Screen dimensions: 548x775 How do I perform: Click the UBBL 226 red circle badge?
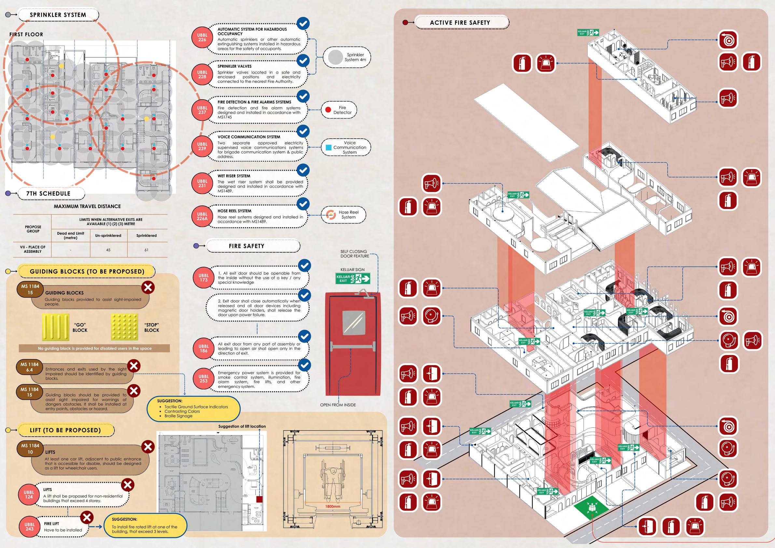click(202, 37)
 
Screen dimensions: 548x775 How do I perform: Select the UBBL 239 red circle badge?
click(202, 146)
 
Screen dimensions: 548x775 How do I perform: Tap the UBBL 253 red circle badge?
click(203, 378)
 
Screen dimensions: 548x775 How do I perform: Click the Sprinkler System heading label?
click(58, 15)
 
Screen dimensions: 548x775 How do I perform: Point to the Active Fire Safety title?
click(460, 22)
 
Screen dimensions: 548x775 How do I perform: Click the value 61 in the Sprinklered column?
click(146, 250)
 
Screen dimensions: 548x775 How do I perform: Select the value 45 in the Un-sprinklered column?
click(108, 250)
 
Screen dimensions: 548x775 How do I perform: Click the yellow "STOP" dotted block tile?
click(124, 327)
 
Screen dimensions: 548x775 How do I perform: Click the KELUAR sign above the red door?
click(353, 278)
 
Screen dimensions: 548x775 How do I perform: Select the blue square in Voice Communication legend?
click(328, 148)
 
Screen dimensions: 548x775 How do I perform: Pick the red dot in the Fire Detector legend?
click(328, 110)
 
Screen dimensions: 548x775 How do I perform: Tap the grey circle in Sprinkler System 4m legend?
click(335, 57)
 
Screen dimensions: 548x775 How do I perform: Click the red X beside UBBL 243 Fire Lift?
click(87, 517)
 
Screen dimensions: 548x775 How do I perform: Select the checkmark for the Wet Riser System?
click(303, 170)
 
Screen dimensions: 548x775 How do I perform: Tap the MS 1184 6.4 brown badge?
click(30, 367)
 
